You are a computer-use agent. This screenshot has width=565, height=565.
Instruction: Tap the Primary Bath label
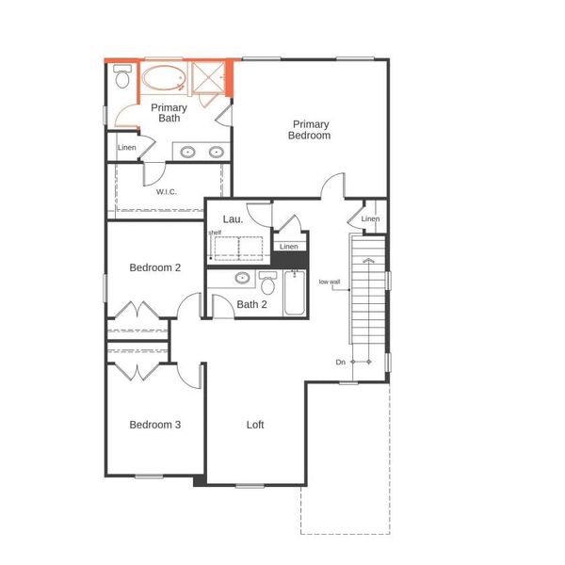click(x=169, y=113)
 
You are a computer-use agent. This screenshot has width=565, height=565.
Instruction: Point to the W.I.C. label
click(x=167, y=193)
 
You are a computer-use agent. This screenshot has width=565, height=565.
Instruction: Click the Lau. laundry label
click(x=233, y=219)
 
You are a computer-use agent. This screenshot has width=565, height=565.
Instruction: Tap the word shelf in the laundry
click(x=216, y=233)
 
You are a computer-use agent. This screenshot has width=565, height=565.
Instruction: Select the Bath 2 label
click(x=252, y=304)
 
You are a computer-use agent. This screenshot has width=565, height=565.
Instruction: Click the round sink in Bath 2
click(x=242, y=279)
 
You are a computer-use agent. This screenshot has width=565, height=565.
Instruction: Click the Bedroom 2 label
click(x=154, y=267)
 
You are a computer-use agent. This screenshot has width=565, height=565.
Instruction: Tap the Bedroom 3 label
click(x=154, y=425)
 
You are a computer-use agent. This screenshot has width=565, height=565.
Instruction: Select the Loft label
click(x=255, y=425)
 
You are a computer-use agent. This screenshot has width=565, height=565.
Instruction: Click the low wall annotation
click(x=329, y=282)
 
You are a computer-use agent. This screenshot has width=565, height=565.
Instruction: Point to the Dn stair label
click(x=340, y=362)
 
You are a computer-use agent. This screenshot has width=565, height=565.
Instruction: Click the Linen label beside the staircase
click(x=370, y=219)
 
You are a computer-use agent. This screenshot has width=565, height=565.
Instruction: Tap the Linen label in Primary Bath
click(x=126, y=148)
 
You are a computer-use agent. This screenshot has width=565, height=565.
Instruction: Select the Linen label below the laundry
click(x=289, y=247)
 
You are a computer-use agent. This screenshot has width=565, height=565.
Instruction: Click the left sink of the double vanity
click(x=188, y=152)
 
